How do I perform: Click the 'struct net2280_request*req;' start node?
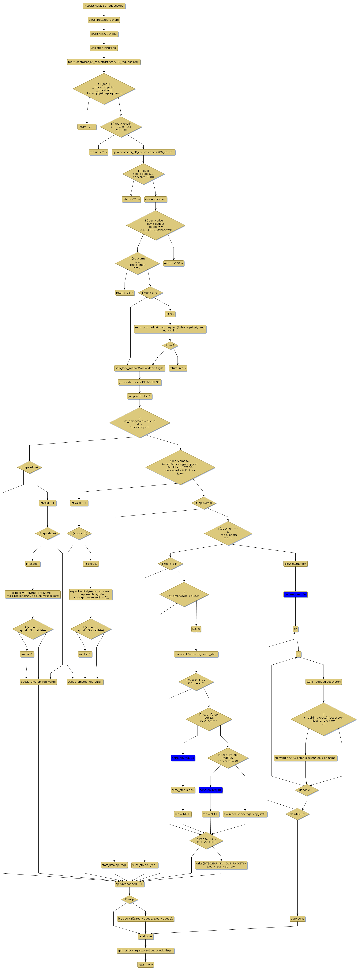(x=104, y=6)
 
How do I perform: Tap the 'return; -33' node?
(x=98, y=152)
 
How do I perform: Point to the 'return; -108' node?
(x=174, y=263)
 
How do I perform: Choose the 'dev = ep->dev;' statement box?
(x=156, y=199)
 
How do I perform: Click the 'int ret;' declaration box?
(x=170, y=314)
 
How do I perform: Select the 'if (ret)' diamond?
(x=170, y=345)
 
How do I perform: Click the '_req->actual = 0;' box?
(x=140, y=396)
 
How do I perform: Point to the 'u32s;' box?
(x=196, y=629)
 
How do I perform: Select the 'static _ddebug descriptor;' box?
(x=323, y=682)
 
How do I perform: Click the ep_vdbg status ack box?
(x=305, y=758)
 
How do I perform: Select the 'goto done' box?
(x=297, y=919)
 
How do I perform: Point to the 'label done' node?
(x=145, y=936)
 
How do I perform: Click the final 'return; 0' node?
(x=145, y=965)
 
